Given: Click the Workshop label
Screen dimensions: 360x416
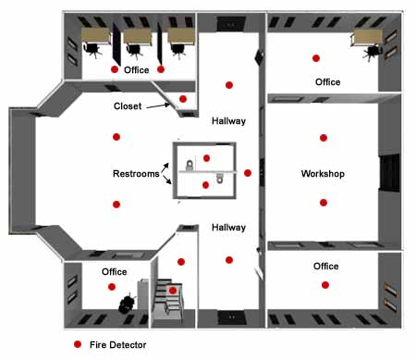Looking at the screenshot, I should click(323, 174).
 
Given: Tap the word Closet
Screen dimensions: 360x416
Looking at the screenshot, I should click(128, 106).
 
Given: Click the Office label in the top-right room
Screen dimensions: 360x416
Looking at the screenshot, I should click(327, 82).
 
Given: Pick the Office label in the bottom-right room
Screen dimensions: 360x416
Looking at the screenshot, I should click(325, 267).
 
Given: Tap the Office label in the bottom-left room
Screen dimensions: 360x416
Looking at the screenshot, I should click(114, 271).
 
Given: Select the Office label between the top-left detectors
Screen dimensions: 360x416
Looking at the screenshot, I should click(137, 70).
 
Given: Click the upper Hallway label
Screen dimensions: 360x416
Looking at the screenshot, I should click(227, 121).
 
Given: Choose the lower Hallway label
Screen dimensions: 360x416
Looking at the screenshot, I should click(227, 227).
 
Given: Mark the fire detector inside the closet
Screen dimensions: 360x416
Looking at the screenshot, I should click(183, 99).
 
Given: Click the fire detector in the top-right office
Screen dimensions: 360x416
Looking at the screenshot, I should click(315, 57).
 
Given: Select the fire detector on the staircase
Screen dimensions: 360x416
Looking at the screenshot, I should click(172, 291).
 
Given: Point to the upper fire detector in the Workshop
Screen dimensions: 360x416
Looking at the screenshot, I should click(323, 138).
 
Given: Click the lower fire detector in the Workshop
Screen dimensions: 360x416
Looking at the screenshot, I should click(323, 202).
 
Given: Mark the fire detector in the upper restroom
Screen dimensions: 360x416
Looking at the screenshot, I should click(206, 158).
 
